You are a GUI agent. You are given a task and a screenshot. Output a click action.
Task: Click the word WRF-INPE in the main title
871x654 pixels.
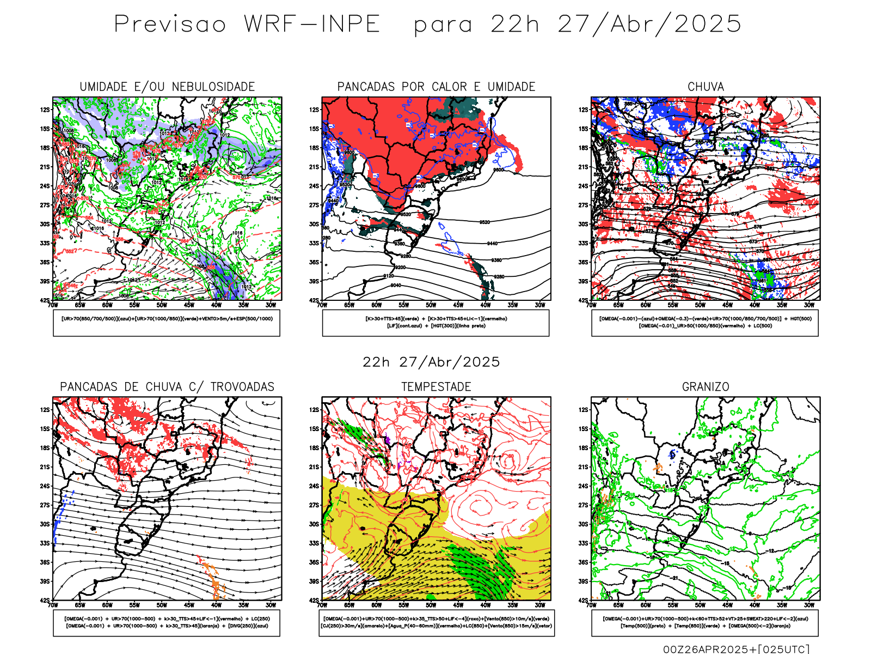312,25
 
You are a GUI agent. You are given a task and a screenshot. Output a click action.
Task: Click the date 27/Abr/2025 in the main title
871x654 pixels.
649,25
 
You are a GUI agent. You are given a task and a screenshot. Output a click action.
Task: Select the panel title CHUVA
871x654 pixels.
706,87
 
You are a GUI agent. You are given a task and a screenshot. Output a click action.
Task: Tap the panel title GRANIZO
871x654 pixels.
706,387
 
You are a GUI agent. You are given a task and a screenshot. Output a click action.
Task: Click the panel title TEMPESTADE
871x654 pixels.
436,387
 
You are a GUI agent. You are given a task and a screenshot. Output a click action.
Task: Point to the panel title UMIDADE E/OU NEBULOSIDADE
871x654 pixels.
167,87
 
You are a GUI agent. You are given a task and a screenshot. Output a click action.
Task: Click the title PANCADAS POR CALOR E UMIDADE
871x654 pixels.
436,87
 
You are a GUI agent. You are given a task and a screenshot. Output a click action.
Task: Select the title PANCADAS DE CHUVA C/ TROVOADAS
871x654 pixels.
167,387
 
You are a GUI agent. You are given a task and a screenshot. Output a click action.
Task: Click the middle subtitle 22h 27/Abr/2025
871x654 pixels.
431,362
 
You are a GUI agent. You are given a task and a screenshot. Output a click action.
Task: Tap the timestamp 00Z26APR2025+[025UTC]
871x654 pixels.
736,649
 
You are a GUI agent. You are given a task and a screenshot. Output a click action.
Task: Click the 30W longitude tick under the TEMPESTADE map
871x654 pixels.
539,605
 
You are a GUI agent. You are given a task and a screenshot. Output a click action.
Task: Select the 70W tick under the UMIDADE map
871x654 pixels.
53,305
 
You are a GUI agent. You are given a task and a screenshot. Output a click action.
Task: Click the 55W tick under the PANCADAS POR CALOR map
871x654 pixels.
403,305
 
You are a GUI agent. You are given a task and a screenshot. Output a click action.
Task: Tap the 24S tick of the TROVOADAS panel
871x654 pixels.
45,486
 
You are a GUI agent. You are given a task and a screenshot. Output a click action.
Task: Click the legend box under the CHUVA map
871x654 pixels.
705,323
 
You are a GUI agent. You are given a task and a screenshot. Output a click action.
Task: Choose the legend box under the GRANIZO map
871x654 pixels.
705,622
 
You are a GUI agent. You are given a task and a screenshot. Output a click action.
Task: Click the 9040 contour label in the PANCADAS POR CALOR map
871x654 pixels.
396,286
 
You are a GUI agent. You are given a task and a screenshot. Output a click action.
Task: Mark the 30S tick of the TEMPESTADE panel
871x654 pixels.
314,524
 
